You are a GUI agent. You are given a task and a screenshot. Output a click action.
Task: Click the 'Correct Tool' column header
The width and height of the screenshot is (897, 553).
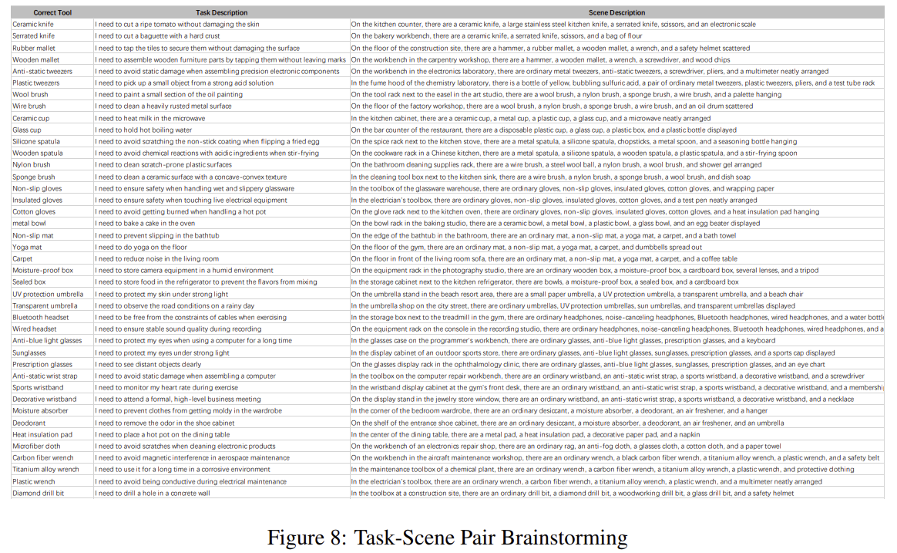[x=52, y=12]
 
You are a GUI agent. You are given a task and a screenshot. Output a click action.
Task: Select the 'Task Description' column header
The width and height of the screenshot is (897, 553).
[x=221, y=12]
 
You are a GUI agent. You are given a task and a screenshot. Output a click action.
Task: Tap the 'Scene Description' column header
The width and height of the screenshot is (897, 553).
[x=616, y=12]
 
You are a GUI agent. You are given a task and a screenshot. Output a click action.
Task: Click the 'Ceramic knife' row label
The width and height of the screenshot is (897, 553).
[x=33, y=24]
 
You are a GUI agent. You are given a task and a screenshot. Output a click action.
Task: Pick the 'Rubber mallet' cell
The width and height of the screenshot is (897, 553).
[x=34, y=48]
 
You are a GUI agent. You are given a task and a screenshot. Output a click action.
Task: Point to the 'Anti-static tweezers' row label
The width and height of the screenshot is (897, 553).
[x=42, y=71]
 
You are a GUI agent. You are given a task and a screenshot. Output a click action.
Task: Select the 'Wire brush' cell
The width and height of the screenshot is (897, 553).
[x=29, y=106]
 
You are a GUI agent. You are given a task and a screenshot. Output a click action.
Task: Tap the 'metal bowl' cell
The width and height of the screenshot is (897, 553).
[x=30, y=224]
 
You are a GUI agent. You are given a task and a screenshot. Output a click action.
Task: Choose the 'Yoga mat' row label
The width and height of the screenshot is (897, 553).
[x=29, y=247]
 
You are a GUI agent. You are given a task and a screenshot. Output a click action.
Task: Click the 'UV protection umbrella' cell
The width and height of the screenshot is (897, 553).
[x=48, y=294]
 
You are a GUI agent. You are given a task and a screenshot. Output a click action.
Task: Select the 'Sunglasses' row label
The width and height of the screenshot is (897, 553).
[x=30, y=352]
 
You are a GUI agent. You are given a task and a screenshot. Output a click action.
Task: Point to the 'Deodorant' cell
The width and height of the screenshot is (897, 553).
[x=30, y=423]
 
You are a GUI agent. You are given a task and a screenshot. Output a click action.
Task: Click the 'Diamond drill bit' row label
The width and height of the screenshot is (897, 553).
[x=39, y=493]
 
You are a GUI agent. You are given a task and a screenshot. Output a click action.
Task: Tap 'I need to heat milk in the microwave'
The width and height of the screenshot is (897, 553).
[x=150, y=118]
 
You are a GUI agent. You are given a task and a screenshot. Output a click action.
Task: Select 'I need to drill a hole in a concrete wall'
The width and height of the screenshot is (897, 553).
[x=153, y=493]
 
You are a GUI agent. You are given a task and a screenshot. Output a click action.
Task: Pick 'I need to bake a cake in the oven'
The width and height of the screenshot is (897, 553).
[x=145, y=224]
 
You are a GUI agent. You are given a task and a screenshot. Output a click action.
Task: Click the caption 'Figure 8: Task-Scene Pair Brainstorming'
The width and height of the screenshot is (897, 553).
[x=447, y=537]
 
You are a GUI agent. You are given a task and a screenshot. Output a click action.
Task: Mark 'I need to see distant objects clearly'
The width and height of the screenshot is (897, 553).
[x=148, y=364]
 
